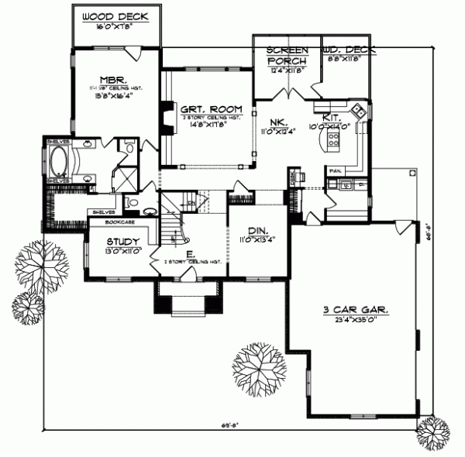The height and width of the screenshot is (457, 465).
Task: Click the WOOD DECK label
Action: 116,16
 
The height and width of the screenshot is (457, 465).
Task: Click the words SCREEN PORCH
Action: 288,55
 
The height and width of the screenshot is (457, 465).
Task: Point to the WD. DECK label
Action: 349,50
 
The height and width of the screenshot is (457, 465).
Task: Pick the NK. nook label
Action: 279,122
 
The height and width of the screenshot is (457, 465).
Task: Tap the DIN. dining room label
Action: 253,230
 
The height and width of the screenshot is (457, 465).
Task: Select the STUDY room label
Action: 122,241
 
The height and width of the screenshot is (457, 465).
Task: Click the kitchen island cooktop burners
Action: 335,139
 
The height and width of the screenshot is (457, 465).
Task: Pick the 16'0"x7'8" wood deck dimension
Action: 116,26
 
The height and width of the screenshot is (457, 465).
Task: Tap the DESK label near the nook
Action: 292,179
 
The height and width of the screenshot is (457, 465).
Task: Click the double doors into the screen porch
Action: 288,94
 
